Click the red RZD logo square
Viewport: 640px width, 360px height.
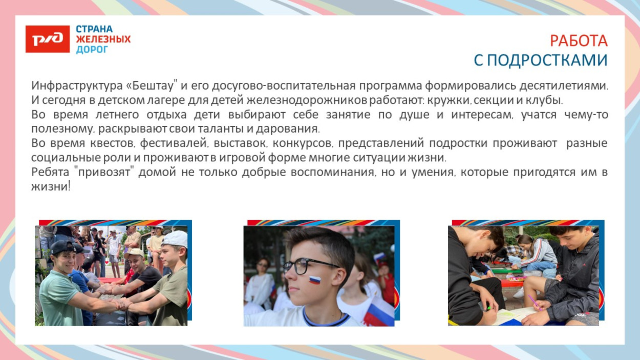click(48, 39)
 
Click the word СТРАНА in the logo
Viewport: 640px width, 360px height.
click(94, 29)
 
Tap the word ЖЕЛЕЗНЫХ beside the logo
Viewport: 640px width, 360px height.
click(103, 39)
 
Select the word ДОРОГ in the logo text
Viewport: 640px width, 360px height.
click(92, 50)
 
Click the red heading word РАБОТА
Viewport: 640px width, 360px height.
click(579, 41)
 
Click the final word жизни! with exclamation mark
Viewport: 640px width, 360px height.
click(50, 186)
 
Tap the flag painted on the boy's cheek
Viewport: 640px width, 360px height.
click(314, 281)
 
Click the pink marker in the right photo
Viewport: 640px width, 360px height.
click(534, 302)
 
